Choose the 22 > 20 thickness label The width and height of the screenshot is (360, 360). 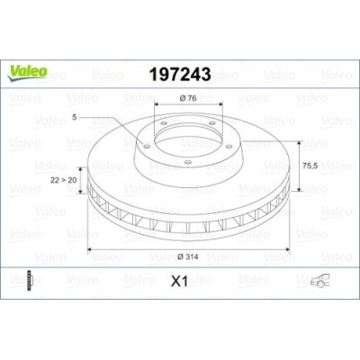pyautogui.click(x=65, y=180)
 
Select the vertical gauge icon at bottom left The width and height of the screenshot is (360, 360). pyautogui.click(x=32, y=281)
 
